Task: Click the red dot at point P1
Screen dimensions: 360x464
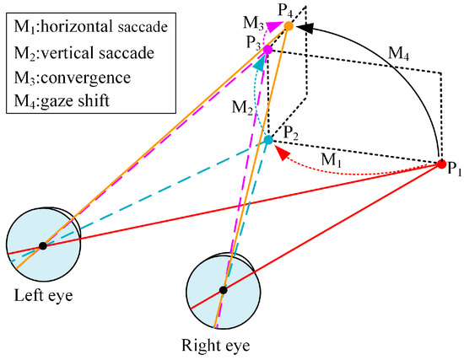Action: [440, 164]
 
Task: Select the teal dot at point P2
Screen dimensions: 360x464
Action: [268, 141]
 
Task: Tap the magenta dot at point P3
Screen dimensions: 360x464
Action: [267, 51]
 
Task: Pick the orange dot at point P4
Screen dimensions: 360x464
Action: [289, 27]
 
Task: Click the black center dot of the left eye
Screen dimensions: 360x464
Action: [42, 245]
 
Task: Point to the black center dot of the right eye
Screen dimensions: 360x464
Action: [223, 290]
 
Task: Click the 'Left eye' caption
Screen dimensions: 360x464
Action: [42, 296]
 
